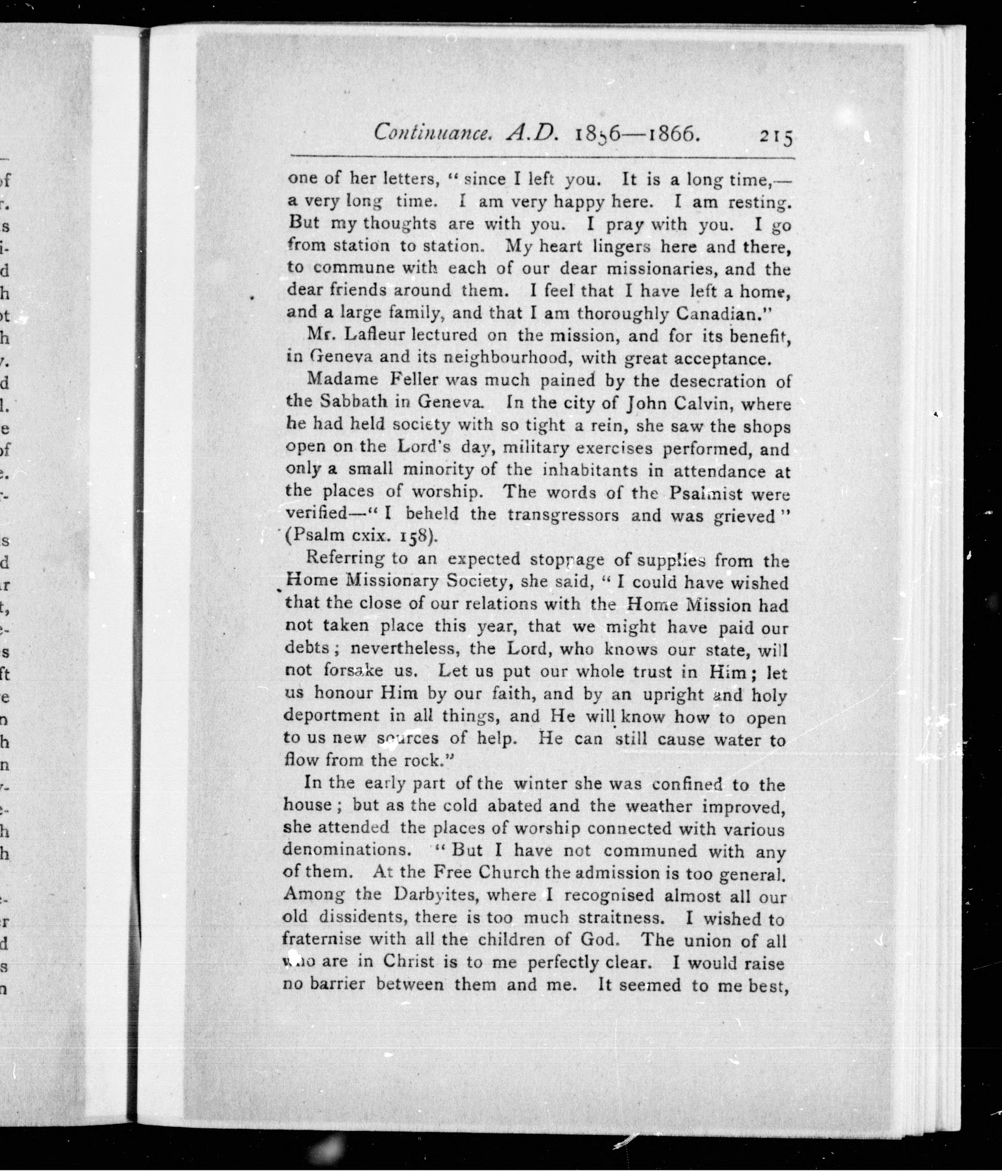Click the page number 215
(777, 137)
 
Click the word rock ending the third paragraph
(421, 760)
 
